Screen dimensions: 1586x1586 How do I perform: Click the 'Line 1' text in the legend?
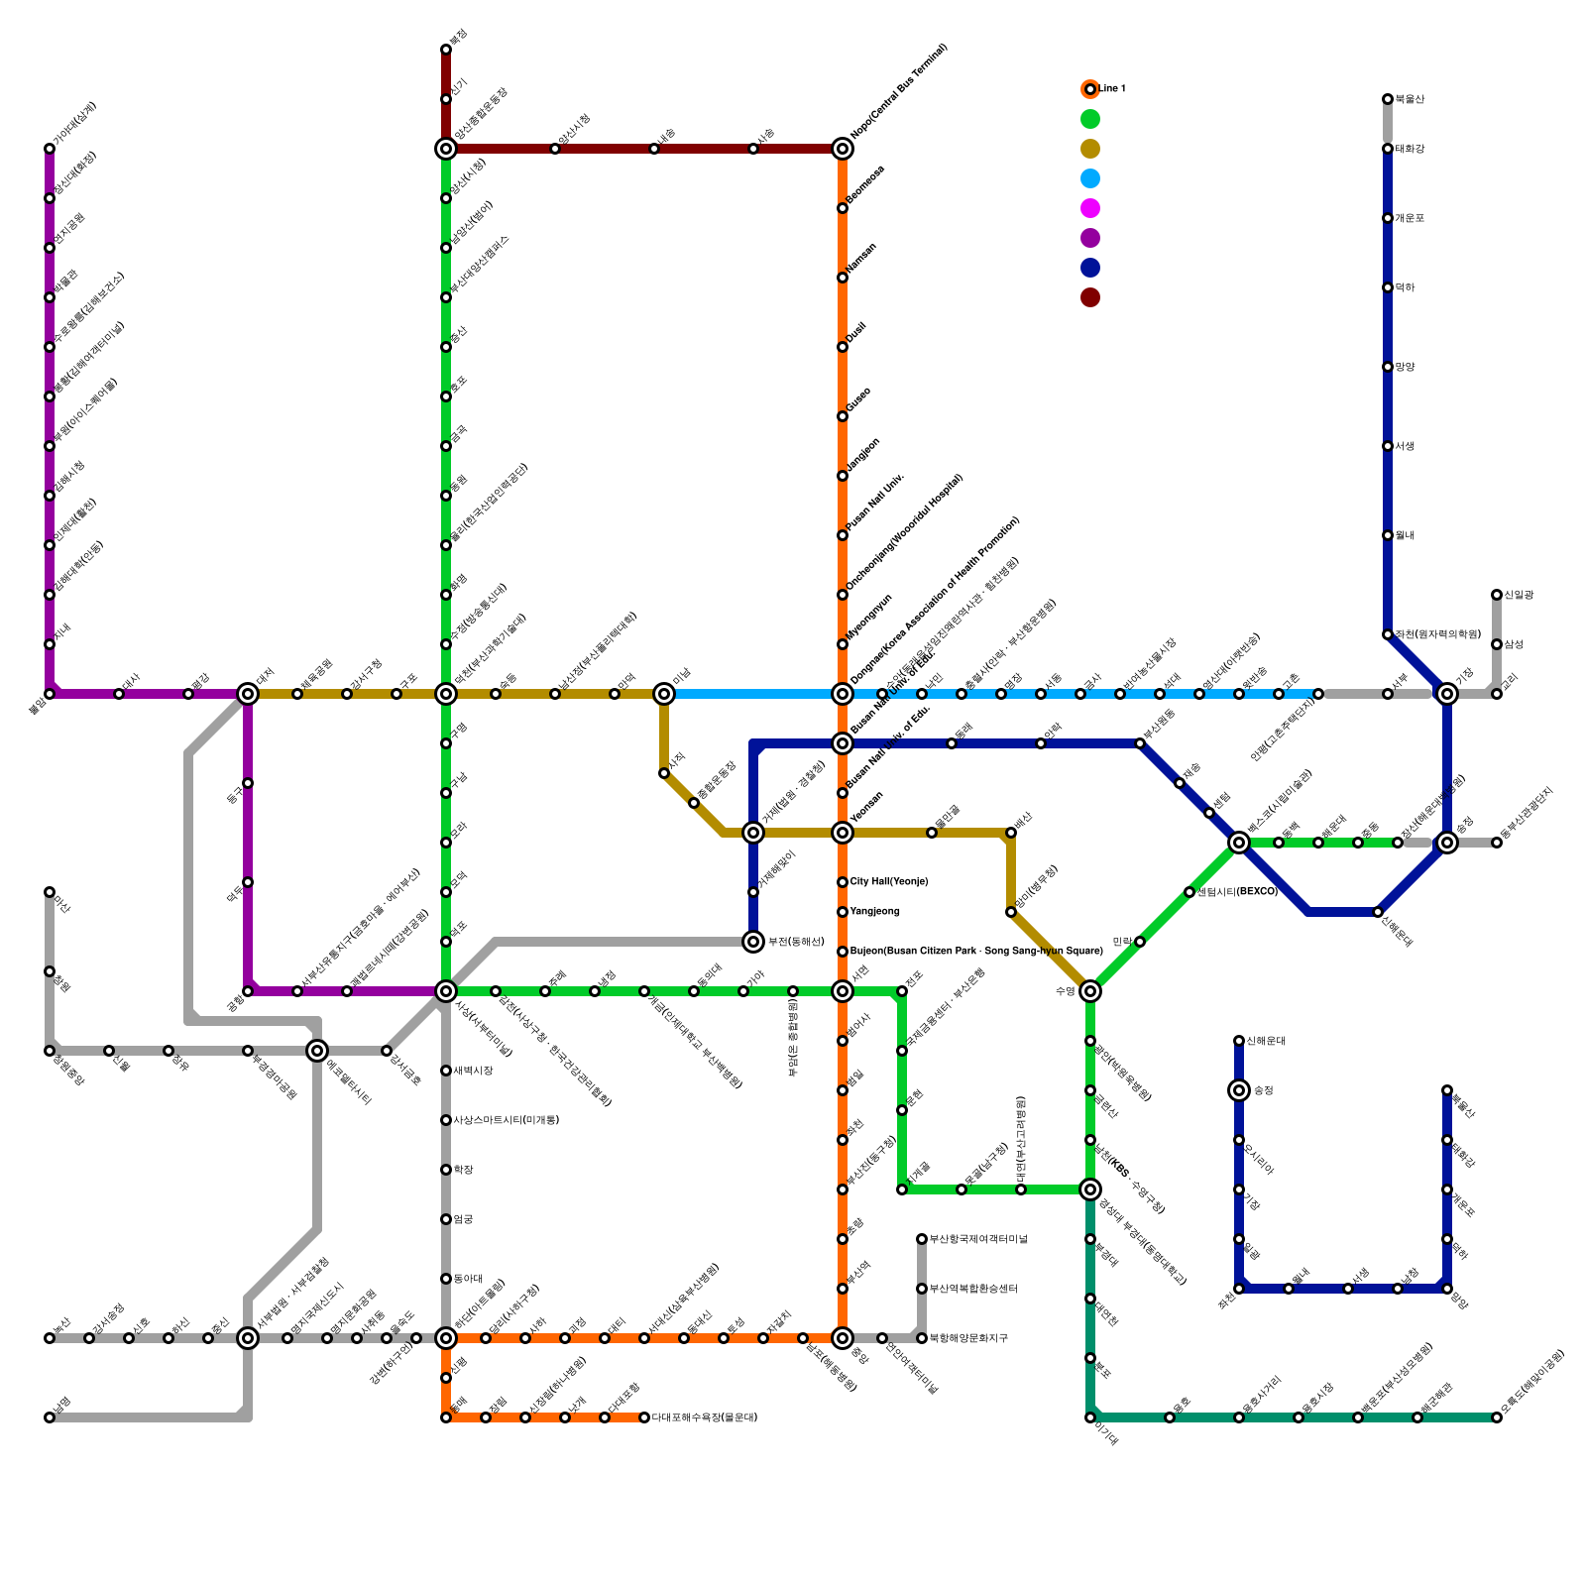[x=1112, y=89]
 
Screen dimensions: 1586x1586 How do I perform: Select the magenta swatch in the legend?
[x=1090, y=208]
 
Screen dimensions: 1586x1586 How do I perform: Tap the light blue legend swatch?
[x=1090, y=178]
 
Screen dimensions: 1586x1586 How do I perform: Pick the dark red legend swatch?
[x=1090, y=297]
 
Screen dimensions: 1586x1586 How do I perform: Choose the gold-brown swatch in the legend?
[x=1090, y=149]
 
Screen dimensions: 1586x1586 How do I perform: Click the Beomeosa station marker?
[x=843, y=208]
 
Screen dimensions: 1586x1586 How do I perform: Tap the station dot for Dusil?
[x=843, y=347]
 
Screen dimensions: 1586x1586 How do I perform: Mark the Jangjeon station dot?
[x=843, y=476]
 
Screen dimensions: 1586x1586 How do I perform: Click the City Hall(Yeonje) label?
[x=889, y=882]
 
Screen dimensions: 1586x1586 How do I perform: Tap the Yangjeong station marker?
[x=843, y=912]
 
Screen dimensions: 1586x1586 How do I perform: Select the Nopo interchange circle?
[x=843, y=149]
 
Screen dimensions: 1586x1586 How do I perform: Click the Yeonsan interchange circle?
[x=843, y=833]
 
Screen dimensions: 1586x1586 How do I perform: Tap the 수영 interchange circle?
[x=1090, y=991]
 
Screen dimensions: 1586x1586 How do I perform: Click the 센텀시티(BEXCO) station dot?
[x=1189, y=892]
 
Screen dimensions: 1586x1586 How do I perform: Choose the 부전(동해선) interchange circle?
[x=753, y=942]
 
